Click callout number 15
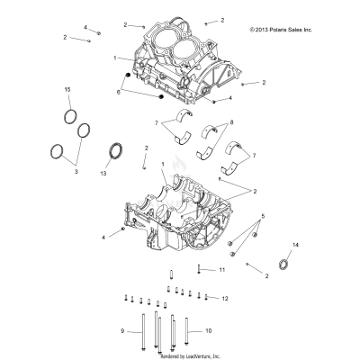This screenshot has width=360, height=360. [67, 91]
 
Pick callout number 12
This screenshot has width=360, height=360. [224, 297]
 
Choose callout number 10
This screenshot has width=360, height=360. [209, 330]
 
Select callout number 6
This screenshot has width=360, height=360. [117, 92]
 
